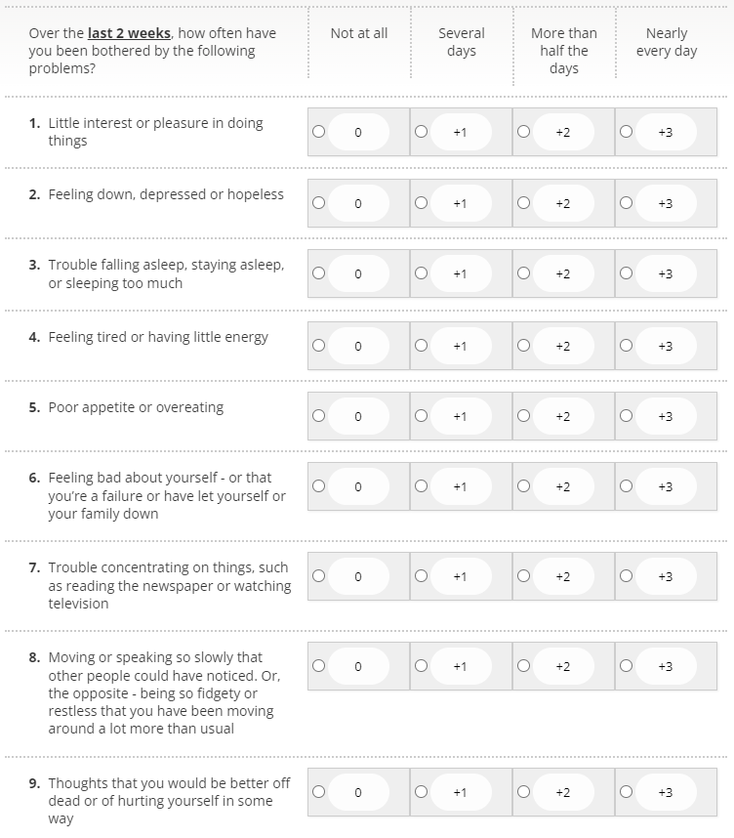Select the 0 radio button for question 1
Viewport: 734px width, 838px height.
[318, 132]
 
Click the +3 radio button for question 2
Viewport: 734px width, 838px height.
[626, 203]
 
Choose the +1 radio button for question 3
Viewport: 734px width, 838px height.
[421, 273]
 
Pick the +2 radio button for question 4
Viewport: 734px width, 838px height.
[523, 345]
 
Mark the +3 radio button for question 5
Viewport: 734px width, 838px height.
[626, 415]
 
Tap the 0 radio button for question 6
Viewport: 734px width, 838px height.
[318, 486]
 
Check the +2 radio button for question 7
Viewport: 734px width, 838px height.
[523, 575]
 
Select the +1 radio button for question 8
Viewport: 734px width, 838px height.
[421, 665]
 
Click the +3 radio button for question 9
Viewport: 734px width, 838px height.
[626, 791]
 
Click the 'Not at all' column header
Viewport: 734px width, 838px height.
[359, 33]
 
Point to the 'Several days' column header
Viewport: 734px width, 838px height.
[462, 42]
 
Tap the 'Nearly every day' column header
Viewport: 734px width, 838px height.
[667, 42]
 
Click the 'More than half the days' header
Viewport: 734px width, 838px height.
[564, 51]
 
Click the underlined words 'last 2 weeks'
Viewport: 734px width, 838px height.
[130, 33]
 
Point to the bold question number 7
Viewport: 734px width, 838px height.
[34, 567]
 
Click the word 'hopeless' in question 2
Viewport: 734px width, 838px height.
[256, 194]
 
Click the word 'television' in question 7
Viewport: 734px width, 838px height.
[79, 604]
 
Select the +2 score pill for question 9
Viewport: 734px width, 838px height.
[563, 792]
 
